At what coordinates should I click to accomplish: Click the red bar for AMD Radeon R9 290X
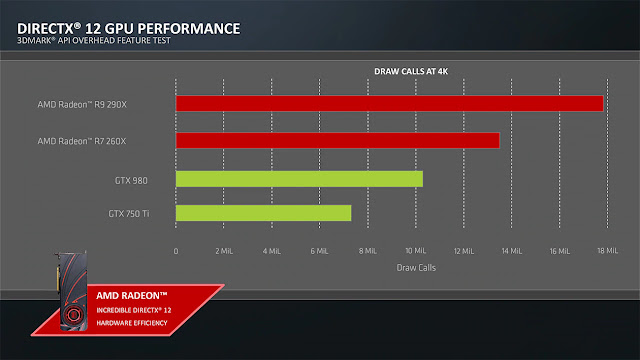pos(389,103)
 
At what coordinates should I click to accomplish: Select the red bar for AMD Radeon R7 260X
pos(338,140)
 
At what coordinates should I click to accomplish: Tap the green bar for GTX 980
pos(299,179)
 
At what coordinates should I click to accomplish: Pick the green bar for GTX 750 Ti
pos(263,213)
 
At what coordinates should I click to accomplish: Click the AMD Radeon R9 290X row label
pos(82,104)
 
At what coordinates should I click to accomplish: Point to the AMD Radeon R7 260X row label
pos(82,141)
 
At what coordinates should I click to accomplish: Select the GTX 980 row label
pos(131,180)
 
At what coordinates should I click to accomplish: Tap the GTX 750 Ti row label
pos(129,213)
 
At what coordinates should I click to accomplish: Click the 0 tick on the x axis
pos(176,251)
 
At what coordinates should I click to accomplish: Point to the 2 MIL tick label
pos(224,251)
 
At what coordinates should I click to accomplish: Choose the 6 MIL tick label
pos(319,251)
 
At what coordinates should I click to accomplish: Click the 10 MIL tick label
pos(416,251)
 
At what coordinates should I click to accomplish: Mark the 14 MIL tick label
pos(512,251)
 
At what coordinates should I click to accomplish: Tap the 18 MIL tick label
pos(608,251)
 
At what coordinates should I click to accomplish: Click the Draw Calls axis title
pos(416,268)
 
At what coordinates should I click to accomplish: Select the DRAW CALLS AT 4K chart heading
pos(411,71)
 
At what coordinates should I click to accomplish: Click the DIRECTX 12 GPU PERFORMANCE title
pos(129,29)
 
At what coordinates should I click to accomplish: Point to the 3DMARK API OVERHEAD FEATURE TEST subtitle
pos(93,40)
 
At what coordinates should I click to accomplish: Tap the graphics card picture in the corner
pos(71,291)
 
